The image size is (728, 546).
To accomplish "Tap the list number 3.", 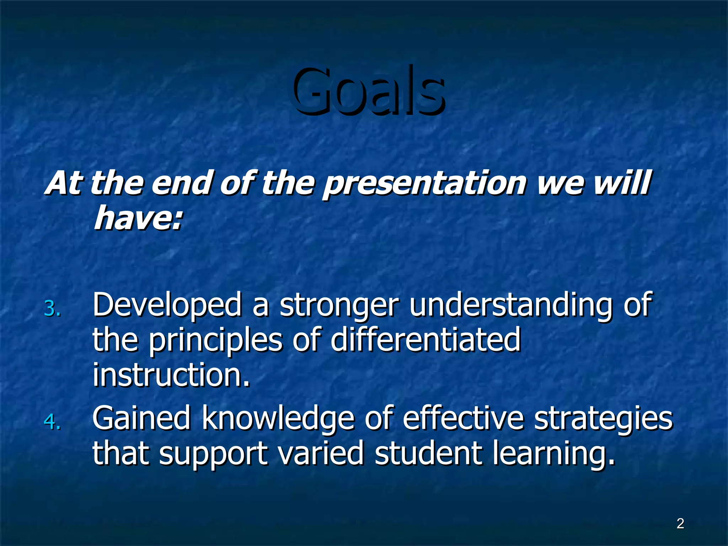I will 52,309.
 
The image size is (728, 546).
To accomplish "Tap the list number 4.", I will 52,422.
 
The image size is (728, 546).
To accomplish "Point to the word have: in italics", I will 138,218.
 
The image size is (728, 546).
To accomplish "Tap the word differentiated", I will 425,339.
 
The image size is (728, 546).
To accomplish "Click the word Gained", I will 141,418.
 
